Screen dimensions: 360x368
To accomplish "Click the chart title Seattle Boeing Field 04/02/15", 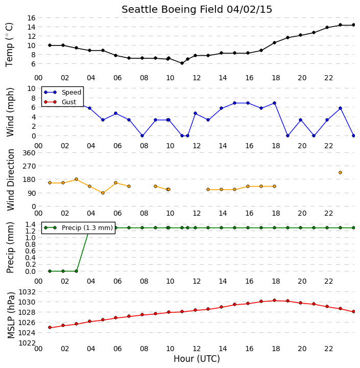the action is pyautogui.click(x=197, y=10).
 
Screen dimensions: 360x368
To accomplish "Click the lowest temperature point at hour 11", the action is pyautogui.click(x=182, y=63).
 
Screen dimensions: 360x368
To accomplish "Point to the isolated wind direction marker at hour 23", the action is pyautogui.click(x=340, y=173).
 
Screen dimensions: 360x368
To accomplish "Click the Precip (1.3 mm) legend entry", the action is pyautogui.click(x=78, y=227).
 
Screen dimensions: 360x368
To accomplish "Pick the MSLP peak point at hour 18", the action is pyautogui.click(x=274, y=301).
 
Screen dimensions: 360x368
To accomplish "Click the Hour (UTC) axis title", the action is pyautogui.click(x=197, y=359).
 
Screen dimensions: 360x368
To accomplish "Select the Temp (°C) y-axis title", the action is pyautogui.click(x=9, y=45).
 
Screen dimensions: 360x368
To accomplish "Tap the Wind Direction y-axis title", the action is pyautogui.click(x=11, y=180).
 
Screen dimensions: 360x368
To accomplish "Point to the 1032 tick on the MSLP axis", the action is pyautogui.click(x=27, y=292).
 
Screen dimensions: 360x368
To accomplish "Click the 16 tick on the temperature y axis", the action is pyautogui.click(x=32, y=18).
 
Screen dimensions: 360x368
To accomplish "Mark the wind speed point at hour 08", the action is pyautogui.click(x=142, y=135).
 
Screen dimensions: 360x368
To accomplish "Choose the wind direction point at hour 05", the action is pyautogui.click(x=103, y=193).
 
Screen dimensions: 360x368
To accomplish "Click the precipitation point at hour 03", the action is pyautogui.click(x=76, y=271).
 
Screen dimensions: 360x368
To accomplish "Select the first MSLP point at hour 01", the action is pyautogui.click(x=50, y=328).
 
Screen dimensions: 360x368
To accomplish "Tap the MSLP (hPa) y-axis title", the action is pyautogui.click(x=11, y=315).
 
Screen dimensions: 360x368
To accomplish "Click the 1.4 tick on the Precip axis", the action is pyautogui.click(x=31, y=224).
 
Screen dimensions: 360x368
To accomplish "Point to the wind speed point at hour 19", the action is pyautogui.click(x=288, y=135).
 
